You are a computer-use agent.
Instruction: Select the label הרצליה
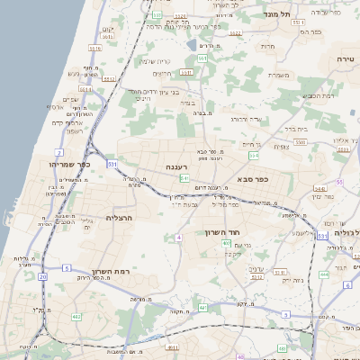click(119, 218)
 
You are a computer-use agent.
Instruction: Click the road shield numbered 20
click(42, 276)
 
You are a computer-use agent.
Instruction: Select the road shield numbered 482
click(76, 317)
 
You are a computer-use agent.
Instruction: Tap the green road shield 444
click(323, 274)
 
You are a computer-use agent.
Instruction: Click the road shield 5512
click(109, 79)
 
